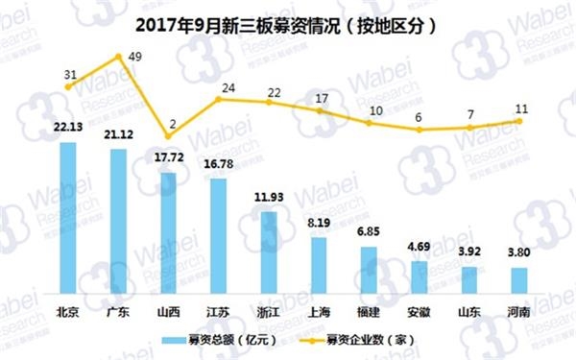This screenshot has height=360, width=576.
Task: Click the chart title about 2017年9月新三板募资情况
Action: (x=287, y=25)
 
